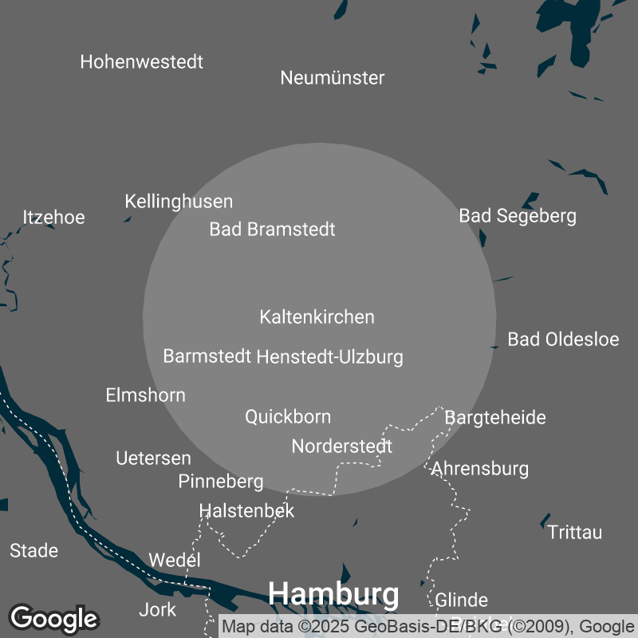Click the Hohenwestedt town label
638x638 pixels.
coord(142,61)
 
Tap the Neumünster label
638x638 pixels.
coord(333,77)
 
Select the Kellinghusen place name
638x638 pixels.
coord(179,202)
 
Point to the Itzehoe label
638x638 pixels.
coord(53,217)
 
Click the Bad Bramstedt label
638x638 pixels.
coord(272,230)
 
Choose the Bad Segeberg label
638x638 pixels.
coord(518,215)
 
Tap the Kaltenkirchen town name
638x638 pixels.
coord(317,317)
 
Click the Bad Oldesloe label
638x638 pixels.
coord(563,339)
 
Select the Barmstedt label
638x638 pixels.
coord(207,356)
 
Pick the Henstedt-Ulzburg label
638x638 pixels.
coord(329,356)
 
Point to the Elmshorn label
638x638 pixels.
coord(145,395)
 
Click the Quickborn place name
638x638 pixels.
coord(287,416)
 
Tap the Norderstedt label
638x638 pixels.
coord(341,447)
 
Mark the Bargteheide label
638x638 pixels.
coord(494,417)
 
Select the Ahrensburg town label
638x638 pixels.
coord(479,468)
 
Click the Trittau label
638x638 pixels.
coord(575,532)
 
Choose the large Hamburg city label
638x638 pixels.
coord(333,594)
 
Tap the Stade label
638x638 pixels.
coord(33,550)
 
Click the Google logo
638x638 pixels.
coord(54,617)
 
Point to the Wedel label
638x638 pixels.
coord(175,560)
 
